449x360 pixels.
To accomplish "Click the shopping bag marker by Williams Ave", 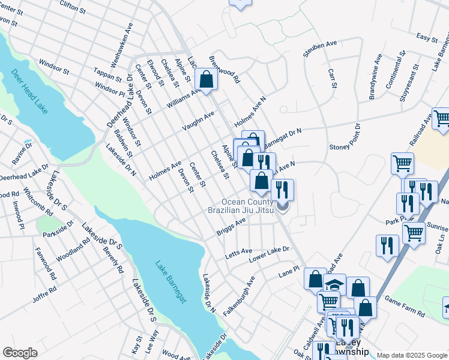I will pos(206,80).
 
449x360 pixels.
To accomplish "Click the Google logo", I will pos(20,353).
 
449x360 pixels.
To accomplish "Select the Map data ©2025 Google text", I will pos(411,355).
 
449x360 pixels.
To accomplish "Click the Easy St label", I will pos(427,38).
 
